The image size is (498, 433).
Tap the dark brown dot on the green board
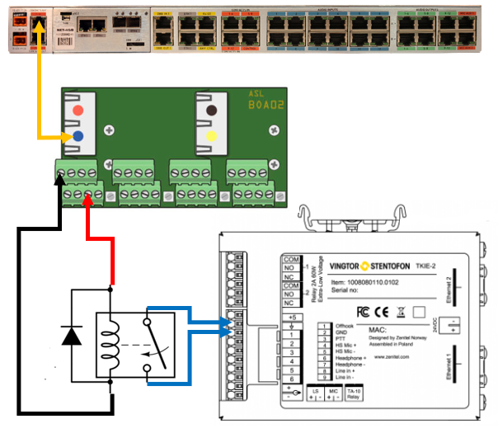click(x=212, y=110)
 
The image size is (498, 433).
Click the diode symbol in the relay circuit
click(x=71, y=337)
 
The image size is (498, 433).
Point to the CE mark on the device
click(x=383, y=312)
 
